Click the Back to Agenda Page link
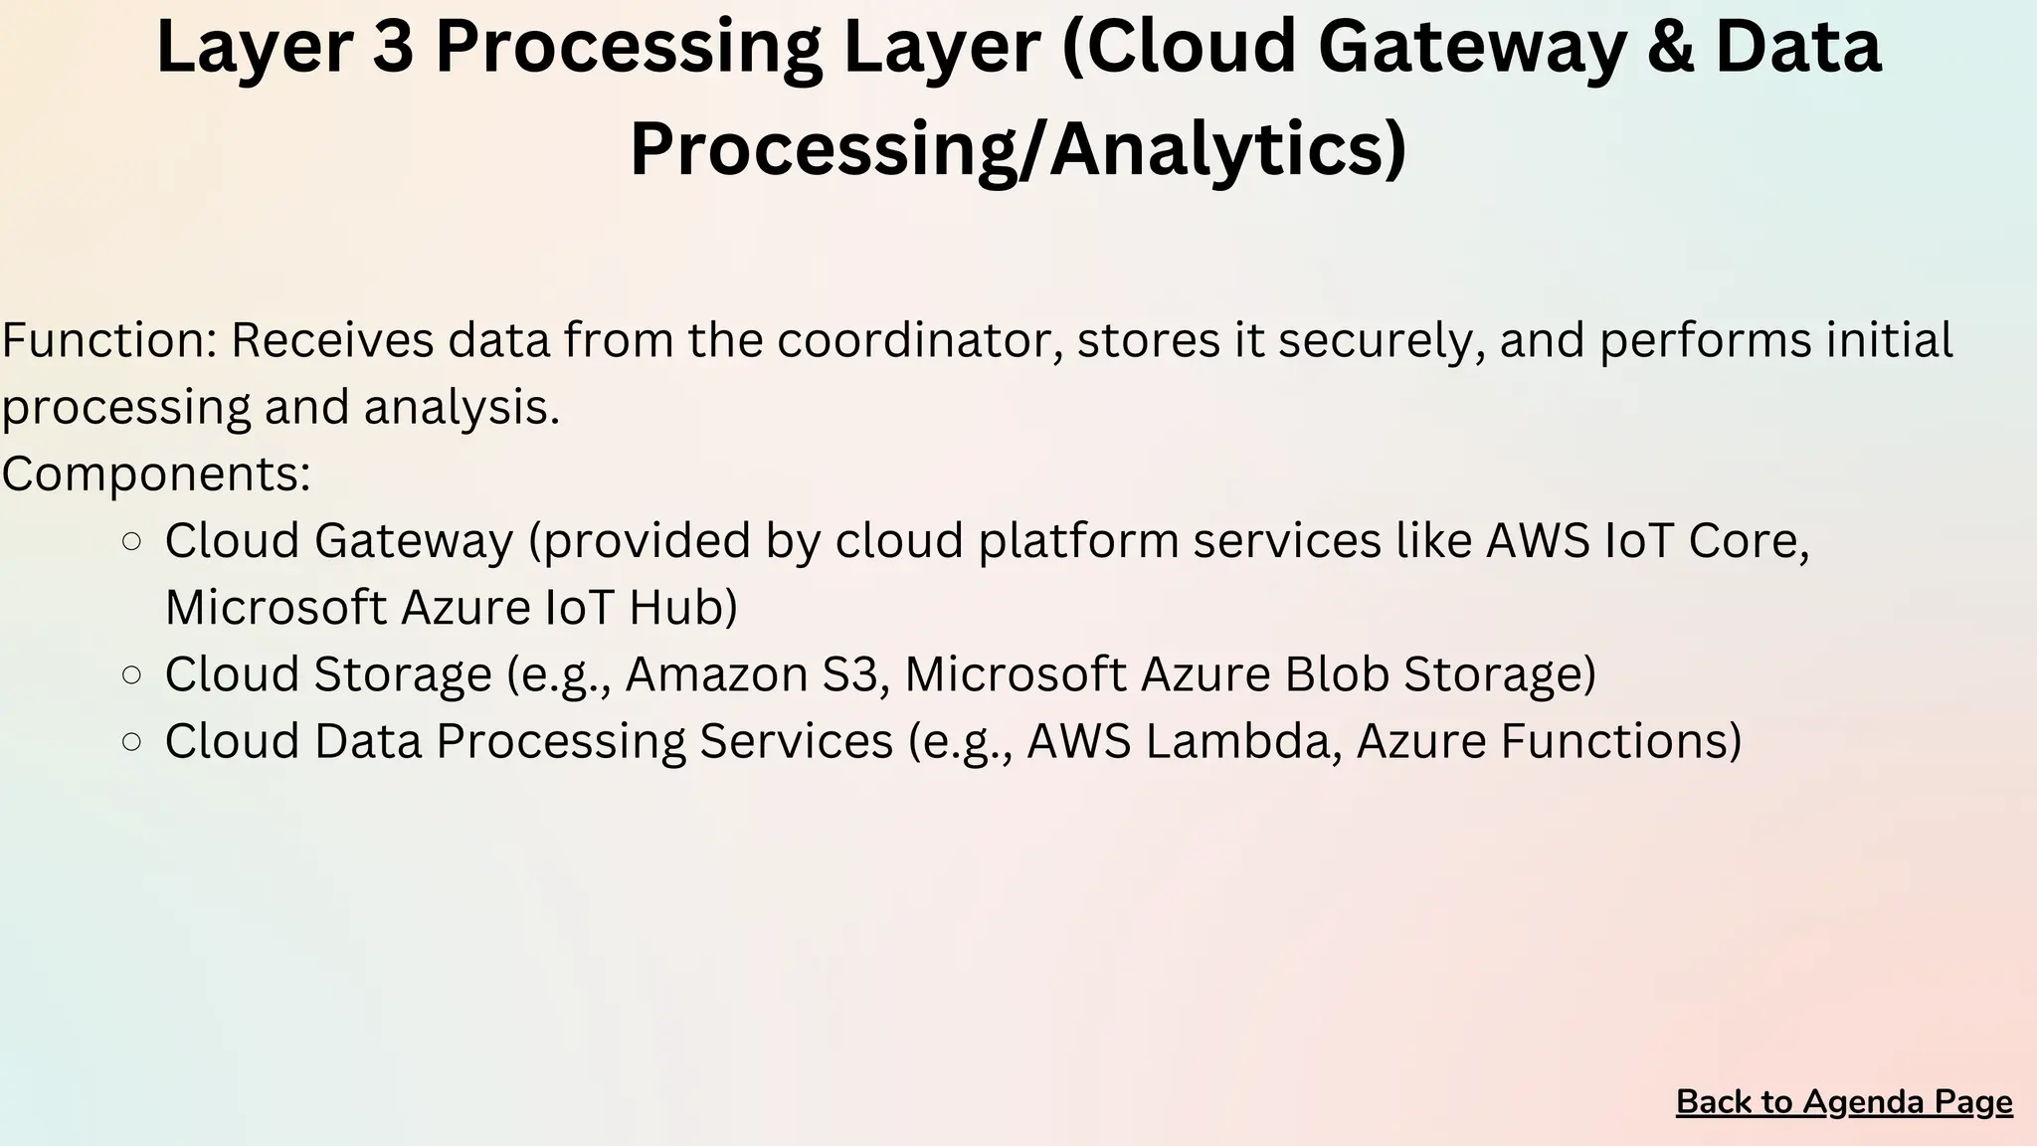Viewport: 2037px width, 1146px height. coord(1844,1102)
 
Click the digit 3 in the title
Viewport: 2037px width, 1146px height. coord(393,48)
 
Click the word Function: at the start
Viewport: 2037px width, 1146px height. coord(109,340)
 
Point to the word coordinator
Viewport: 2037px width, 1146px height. coord(919,340)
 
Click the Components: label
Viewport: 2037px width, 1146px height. coord(156,474)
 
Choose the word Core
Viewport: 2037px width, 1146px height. coord(1752,541)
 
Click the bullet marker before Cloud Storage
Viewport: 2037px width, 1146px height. coord(130,675)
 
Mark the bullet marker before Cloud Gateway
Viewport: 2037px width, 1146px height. coord(130,542)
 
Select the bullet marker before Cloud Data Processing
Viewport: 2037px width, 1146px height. coord(130,742)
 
